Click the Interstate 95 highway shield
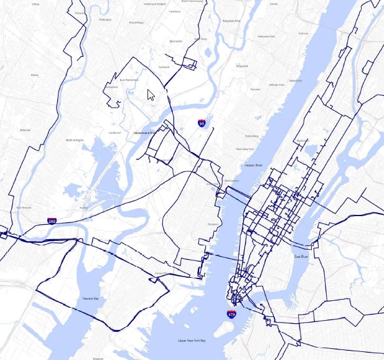pos(202,124)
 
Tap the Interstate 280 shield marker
pos(52,221)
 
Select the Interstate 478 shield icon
pos(231,315)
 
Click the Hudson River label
pos(254,165)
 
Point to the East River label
pos(301,256)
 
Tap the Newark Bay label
pos(91,299)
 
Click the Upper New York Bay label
pos(192,341)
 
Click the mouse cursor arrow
pos(150,94)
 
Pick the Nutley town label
pos(34,75)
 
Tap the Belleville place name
pos(25,130)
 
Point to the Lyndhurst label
pos(115,133)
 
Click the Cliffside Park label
pos(277,84)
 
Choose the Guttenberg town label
pos(251,135)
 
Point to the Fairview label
pos(255,89)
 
